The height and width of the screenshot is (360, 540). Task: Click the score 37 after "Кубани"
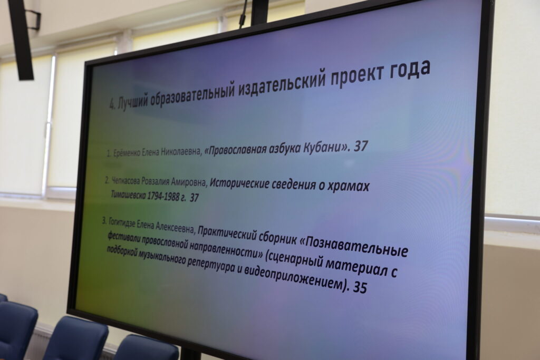[361, 147]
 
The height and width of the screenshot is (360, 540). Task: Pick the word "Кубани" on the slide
[325, 148]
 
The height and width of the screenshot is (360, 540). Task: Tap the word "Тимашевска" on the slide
[128, 194]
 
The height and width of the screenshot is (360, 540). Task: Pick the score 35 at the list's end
[360, 287]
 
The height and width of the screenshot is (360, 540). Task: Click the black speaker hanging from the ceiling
[21, 39]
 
